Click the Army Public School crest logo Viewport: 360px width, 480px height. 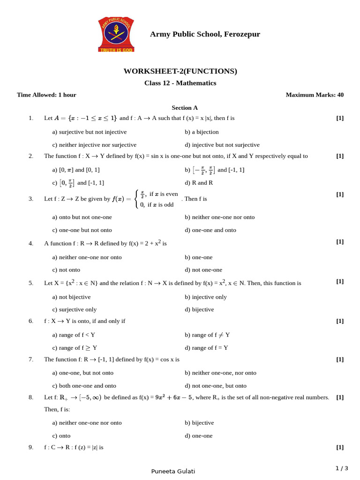pos(116,34)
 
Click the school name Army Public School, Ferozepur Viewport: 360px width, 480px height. pos(205,34)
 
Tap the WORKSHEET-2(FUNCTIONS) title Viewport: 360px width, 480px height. pos(180,71)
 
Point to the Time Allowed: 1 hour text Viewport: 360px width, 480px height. pos(46,95)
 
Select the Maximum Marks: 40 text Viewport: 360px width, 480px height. pos(315,95)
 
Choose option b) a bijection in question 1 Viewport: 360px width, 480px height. pos(202,132)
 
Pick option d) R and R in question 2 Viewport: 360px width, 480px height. pos(199,183)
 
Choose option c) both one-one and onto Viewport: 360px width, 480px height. pos(84,386)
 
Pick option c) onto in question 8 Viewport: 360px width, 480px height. pos(61,435)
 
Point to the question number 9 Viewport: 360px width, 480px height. pos(31,447)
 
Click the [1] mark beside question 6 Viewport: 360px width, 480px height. pos(340,321)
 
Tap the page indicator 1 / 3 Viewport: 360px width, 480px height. pos(342,468)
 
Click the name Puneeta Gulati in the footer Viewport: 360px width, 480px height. pos(173,471)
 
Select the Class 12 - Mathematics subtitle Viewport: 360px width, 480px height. pos(180,83)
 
